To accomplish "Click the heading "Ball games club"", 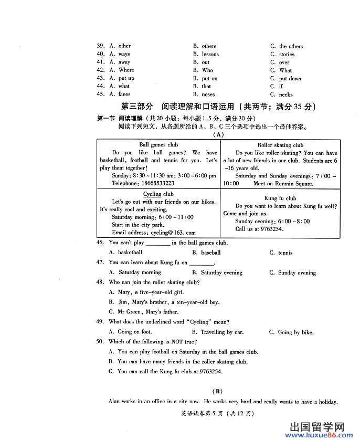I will coord(158,145).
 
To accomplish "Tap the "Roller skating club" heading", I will coord(280,145).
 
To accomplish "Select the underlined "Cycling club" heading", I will coord(158,194).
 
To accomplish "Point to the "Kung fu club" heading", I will coord(280,198).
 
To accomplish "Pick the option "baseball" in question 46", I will coord(210,253).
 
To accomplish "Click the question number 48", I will coord(100,282).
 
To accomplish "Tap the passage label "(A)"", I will coord(217,134).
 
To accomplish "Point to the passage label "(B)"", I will coord(217,391).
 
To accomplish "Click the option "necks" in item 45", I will coord(285,95).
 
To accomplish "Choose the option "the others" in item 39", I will coord(291,46).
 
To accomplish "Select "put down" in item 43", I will coord(290,78).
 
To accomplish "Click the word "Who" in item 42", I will coord(207,70).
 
